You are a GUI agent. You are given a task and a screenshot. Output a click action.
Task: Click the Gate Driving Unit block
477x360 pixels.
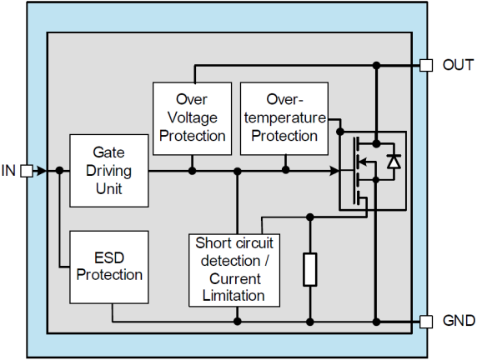109,171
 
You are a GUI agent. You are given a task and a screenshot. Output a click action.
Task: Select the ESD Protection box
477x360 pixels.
109,267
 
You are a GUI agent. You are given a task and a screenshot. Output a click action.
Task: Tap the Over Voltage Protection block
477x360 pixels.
193,118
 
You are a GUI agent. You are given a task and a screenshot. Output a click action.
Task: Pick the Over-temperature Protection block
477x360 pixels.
284,118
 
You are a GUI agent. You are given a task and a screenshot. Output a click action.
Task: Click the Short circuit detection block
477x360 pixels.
234,270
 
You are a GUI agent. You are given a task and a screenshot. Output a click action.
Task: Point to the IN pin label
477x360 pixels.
8,171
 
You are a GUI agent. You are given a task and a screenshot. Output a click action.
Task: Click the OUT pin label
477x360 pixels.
458,65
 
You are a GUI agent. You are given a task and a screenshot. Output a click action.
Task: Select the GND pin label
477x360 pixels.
459,321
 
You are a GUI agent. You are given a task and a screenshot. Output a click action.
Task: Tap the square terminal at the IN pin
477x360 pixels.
27,171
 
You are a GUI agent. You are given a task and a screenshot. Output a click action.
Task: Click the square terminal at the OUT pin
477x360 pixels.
426,65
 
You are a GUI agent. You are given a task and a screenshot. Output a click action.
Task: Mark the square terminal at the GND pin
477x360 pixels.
426,322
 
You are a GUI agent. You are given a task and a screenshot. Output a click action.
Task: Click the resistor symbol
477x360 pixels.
310,269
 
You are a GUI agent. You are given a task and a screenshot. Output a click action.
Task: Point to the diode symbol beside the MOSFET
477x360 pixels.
394,162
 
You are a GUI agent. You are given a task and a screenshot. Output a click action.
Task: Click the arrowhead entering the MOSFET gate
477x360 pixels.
334,171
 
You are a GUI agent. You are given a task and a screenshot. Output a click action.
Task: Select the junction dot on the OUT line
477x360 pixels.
377,65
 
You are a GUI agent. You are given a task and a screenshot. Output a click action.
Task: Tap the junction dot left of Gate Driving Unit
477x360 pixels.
60,171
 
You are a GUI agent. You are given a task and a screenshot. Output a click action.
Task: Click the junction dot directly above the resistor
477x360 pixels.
310,217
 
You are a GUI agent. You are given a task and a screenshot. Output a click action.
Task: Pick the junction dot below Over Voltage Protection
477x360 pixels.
192,171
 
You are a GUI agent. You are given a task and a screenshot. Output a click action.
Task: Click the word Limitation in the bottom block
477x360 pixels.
233,296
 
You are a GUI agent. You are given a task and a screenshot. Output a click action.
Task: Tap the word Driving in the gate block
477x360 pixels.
109,171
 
